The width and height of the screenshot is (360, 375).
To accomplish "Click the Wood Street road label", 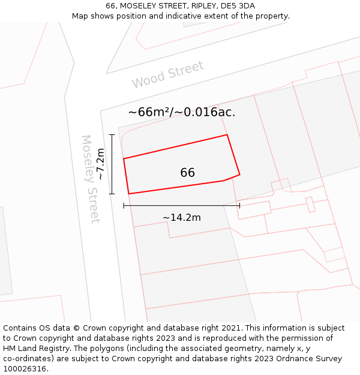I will point(168,74).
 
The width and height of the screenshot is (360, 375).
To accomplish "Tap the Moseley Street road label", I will point(91,179).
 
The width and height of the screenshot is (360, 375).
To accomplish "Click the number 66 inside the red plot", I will point(187,173).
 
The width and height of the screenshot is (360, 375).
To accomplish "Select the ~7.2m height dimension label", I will point(101,164).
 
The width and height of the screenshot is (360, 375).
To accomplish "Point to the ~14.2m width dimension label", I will point(181,217).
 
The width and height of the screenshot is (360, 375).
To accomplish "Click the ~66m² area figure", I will point(148,112).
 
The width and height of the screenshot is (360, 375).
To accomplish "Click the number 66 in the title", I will point(110,6).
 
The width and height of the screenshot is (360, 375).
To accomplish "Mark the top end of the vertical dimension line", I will point(112,134).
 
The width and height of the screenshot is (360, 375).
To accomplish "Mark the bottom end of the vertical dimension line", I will point(112,194).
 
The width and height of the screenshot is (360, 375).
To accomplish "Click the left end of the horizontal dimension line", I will point(124,205).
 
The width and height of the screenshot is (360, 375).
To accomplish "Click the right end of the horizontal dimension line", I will point(239,205).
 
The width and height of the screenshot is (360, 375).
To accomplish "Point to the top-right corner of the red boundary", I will point(227,135).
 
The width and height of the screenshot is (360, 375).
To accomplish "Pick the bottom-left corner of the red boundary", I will point(129,194).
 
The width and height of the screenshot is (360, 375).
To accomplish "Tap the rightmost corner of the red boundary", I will point(240,175).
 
